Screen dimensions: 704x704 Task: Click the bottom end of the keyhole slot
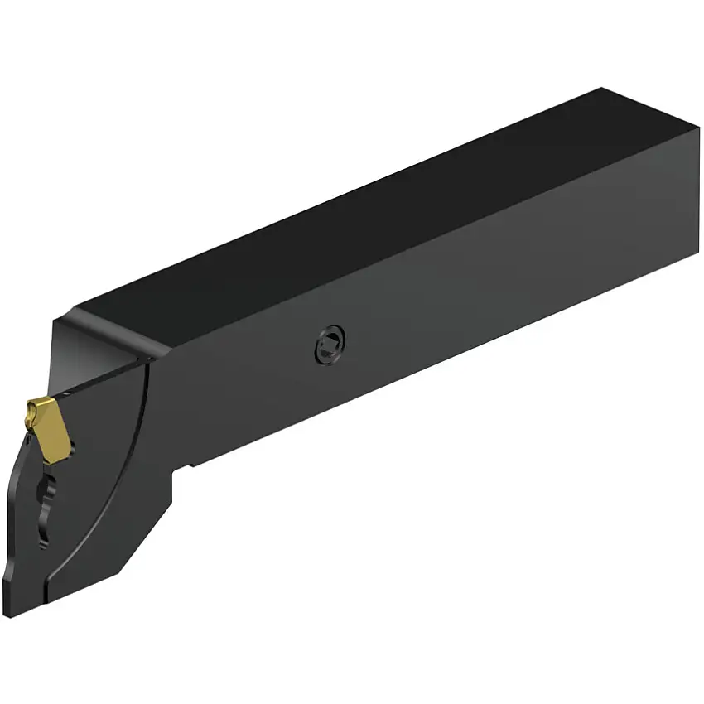(x=42, y=538)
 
